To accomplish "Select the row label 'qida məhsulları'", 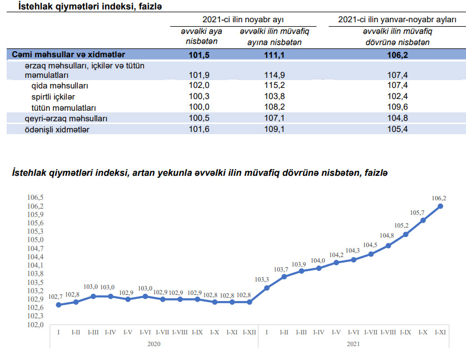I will click(60, 86).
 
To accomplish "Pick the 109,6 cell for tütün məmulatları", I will click(398, 107).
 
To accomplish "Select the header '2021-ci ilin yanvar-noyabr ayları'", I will click(398, 20).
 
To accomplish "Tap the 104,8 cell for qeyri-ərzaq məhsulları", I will click(398, 119).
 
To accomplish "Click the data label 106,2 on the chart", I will click(439, 198).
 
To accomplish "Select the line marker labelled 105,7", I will click(423, 220).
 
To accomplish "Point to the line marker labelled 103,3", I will click(267, 288).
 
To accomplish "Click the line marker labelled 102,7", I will click(59, 304).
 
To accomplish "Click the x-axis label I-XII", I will click(249, 332).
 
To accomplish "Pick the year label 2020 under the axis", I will click(154, 344).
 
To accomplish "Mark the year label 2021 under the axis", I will click(353, 344).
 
